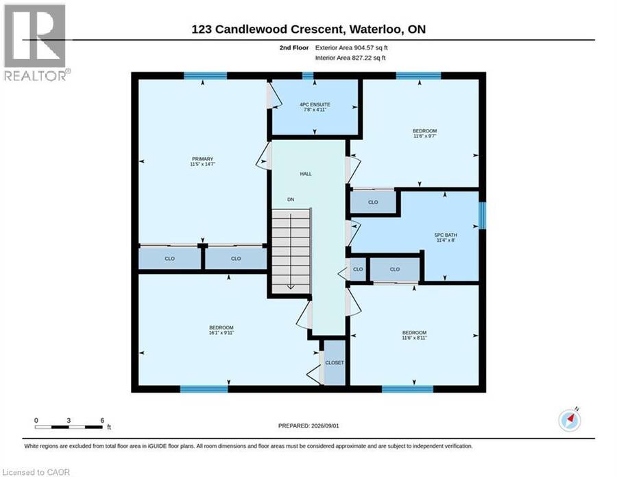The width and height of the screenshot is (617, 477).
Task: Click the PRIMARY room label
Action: click(203, 159)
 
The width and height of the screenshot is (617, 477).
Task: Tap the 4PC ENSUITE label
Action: click(315, 104)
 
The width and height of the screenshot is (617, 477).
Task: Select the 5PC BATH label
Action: click(446, 235)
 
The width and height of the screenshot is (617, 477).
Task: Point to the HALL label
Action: click(306, 174)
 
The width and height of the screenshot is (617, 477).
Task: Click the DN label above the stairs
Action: click(291, 199)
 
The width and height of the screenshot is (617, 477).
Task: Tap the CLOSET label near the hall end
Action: click(335, 362)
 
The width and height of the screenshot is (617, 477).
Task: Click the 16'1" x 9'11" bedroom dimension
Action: click(221, 333)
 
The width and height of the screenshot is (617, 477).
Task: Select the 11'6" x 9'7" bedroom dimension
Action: click(425, 136)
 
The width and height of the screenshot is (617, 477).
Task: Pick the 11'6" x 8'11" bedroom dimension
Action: click(414, 338)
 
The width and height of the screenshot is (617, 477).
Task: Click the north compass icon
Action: click(570, 420)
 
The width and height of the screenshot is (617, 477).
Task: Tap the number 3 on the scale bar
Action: click(69, 420)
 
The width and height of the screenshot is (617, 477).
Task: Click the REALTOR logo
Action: click(36, 43)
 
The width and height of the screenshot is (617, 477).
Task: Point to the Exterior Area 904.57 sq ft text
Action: click(352, 47)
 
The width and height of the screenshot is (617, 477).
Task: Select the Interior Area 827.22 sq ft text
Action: click(350, 58)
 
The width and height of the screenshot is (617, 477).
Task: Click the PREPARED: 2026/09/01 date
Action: click(308, 426)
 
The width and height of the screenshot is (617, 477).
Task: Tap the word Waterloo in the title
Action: click(376, 29)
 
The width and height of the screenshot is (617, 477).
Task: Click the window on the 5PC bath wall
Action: click(483, 215)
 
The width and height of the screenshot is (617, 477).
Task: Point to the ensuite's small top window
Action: click(308, 75)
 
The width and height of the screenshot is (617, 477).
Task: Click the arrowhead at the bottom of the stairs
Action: click(291, 287)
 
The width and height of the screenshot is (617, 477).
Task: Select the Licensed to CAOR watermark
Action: click(36, 472)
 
